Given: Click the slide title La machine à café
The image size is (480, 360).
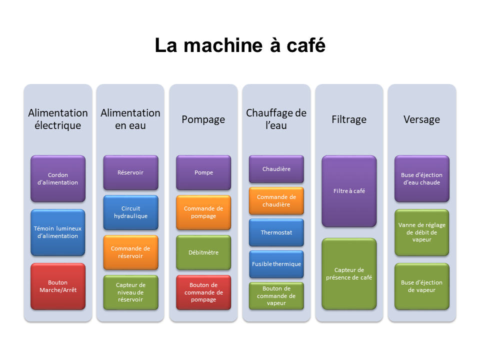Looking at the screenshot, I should [240, 45].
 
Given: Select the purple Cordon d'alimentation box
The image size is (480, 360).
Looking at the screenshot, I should [58, 179].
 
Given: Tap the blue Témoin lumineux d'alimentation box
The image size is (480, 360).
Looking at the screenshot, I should [58, 232].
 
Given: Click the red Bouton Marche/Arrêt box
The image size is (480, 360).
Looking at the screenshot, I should [58, 286].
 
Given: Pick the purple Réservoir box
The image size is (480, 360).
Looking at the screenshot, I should [130, 172].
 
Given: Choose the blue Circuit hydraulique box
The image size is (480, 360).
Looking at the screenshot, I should [130, 212].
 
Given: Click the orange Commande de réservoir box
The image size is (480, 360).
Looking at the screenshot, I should [130, 252].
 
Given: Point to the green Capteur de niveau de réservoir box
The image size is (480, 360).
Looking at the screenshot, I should [130, 292].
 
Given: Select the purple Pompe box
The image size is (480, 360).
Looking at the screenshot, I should [203, 172].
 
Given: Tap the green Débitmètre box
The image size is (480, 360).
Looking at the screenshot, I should [203, 252].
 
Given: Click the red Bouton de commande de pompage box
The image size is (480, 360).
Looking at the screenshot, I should [203, 292].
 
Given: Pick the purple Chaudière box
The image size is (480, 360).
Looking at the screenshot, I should [276, 169].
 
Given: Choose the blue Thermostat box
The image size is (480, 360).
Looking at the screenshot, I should [276, 232].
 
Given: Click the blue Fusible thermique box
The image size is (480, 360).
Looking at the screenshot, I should [276, 264].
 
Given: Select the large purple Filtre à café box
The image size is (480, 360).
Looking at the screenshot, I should [349, 191].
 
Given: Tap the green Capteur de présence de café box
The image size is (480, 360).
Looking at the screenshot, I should [349, 273].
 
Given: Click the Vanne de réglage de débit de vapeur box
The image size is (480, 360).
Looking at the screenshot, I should [422, 232].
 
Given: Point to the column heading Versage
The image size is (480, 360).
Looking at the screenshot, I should [422, 119].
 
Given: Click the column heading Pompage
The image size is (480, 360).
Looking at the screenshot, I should [203, 119].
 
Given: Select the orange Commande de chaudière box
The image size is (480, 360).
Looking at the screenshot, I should [276, 200].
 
